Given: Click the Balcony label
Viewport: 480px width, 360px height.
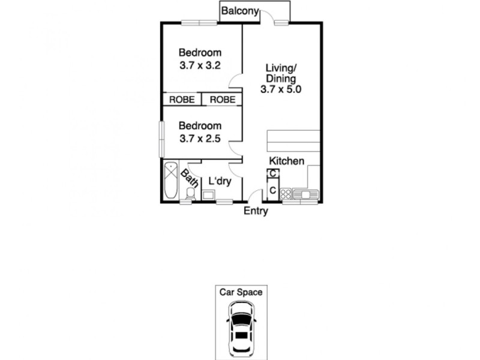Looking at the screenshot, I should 239,11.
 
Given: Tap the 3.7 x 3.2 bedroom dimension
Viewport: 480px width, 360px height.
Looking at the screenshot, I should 201,65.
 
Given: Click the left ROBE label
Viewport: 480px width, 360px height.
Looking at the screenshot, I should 181,100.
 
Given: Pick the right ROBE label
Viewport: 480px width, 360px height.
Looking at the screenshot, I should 222,100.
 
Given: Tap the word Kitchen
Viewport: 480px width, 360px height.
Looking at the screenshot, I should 286,161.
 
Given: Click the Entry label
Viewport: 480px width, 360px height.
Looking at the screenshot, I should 256,211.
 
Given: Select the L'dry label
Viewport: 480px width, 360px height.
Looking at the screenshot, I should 220,180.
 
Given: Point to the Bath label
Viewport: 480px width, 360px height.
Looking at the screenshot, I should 190,178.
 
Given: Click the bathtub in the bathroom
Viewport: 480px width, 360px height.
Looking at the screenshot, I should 170,181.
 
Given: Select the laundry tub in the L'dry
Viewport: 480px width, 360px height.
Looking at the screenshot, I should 209,194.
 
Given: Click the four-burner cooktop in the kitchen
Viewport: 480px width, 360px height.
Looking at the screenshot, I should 286,194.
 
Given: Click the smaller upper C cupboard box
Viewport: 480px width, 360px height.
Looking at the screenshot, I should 272,174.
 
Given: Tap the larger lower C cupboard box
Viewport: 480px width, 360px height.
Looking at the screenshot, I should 272,190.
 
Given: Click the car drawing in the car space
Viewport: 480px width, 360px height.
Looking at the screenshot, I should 240,328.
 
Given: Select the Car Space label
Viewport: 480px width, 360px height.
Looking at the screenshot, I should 240,292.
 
